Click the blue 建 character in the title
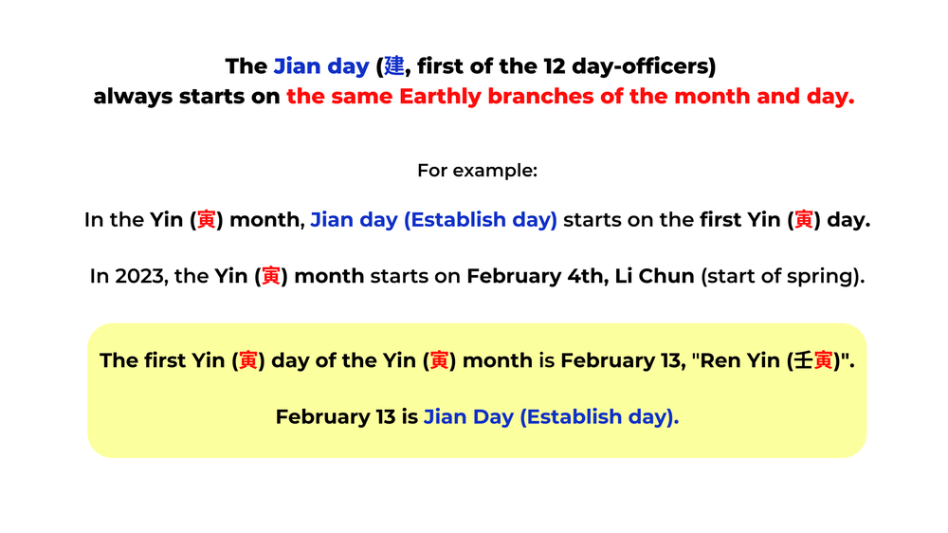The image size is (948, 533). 393,66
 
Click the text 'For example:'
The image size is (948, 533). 477,171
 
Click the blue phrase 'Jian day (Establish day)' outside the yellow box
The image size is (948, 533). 433,220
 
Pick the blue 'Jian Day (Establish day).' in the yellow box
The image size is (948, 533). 551,417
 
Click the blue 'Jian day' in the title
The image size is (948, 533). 320,66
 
